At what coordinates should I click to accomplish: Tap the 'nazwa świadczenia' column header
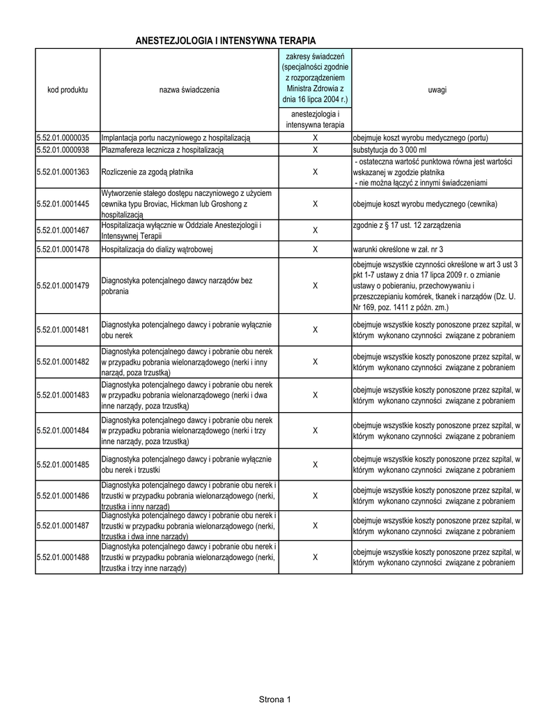click(x=189, y=91)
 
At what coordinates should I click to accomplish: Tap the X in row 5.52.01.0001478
click(x=315, y=249)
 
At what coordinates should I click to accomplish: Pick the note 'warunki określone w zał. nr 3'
click(x=398, y=249)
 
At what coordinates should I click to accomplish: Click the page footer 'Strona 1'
click(x=275, y=699)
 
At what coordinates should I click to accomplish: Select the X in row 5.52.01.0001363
click(x=315, y=172)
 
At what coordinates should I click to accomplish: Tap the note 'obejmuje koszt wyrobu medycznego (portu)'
click(x=421, y=137)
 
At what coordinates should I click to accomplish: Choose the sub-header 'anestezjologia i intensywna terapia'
click(x=315, y=119)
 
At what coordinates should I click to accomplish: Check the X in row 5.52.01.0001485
click(x=315, y=465)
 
